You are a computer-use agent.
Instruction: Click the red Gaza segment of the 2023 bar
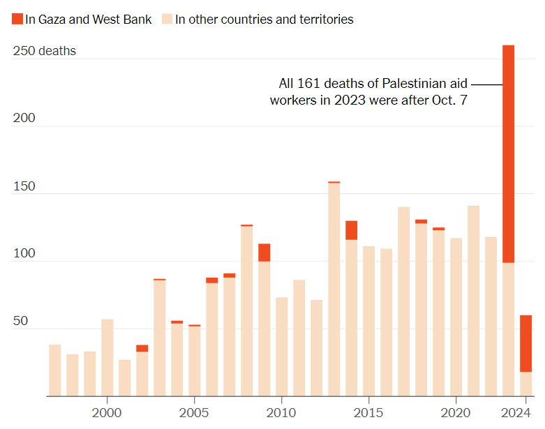(x=508, y=154)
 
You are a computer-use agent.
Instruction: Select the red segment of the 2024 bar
(x=525, y=343)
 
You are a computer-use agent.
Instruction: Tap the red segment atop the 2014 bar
(x=352, y=230)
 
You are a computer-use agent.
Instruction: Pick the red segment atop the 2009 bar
(x=264, y=253)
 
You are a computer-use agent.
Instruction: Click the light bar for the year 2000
(x=107, y=357)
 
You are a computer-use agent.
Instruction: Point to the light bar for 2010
(x=281, y=347)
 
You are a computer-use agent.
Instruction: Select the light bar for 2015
(x=368, y=321)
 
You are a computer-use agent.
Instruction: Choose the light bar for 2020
(x=456, y=317)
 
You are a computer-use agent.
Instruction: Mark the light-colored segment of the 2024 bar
(x=525, y=384)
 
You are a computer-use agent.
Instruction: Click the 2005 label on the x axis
(x=194, y=413)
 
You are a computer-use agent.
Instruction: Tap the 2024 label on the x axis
(x=516, y=413)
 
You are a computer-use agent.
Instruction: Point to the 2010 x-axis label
(x=281, y=413)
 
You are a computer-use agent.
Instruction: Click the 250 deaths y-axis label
(x=45, y=51)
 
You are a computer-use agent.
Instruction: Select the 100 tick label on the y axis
(x=24, y=253)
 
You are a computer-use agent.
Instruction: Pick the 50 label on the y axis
(x=20, y=321)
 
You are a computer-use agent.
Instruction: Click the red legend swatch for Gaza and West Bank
(x=17, y=19)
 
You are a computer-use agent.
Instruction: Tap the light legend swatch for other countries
(x=167, y=19)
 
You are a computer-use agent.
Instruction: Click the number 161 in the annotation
(x=308, y=84)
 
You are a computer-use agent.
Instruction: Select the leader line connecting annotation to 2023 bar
(x=486, y=84)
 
